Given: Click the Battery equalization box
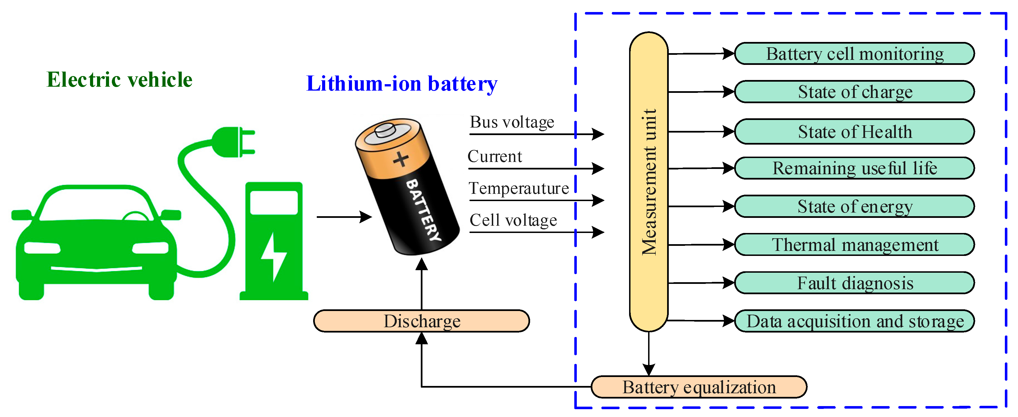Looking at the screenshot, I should [699, 387].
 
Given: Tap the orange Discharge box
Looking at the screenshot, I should [421, 321].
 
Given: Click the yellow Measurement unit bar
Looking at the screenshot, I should [648, 182].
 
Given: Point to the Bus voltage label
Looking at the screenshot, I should [512, 122].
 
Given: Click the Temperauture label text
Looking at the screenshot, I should [518, 188].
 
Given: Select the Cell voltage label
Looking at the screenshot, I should [513, 220].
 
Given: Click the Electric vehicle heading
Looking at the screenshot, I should [119, 80].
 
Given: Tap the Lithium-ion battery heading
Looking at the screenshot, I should [401, 84].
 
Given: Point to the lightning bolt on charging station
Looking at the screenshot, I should [273, 257].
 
